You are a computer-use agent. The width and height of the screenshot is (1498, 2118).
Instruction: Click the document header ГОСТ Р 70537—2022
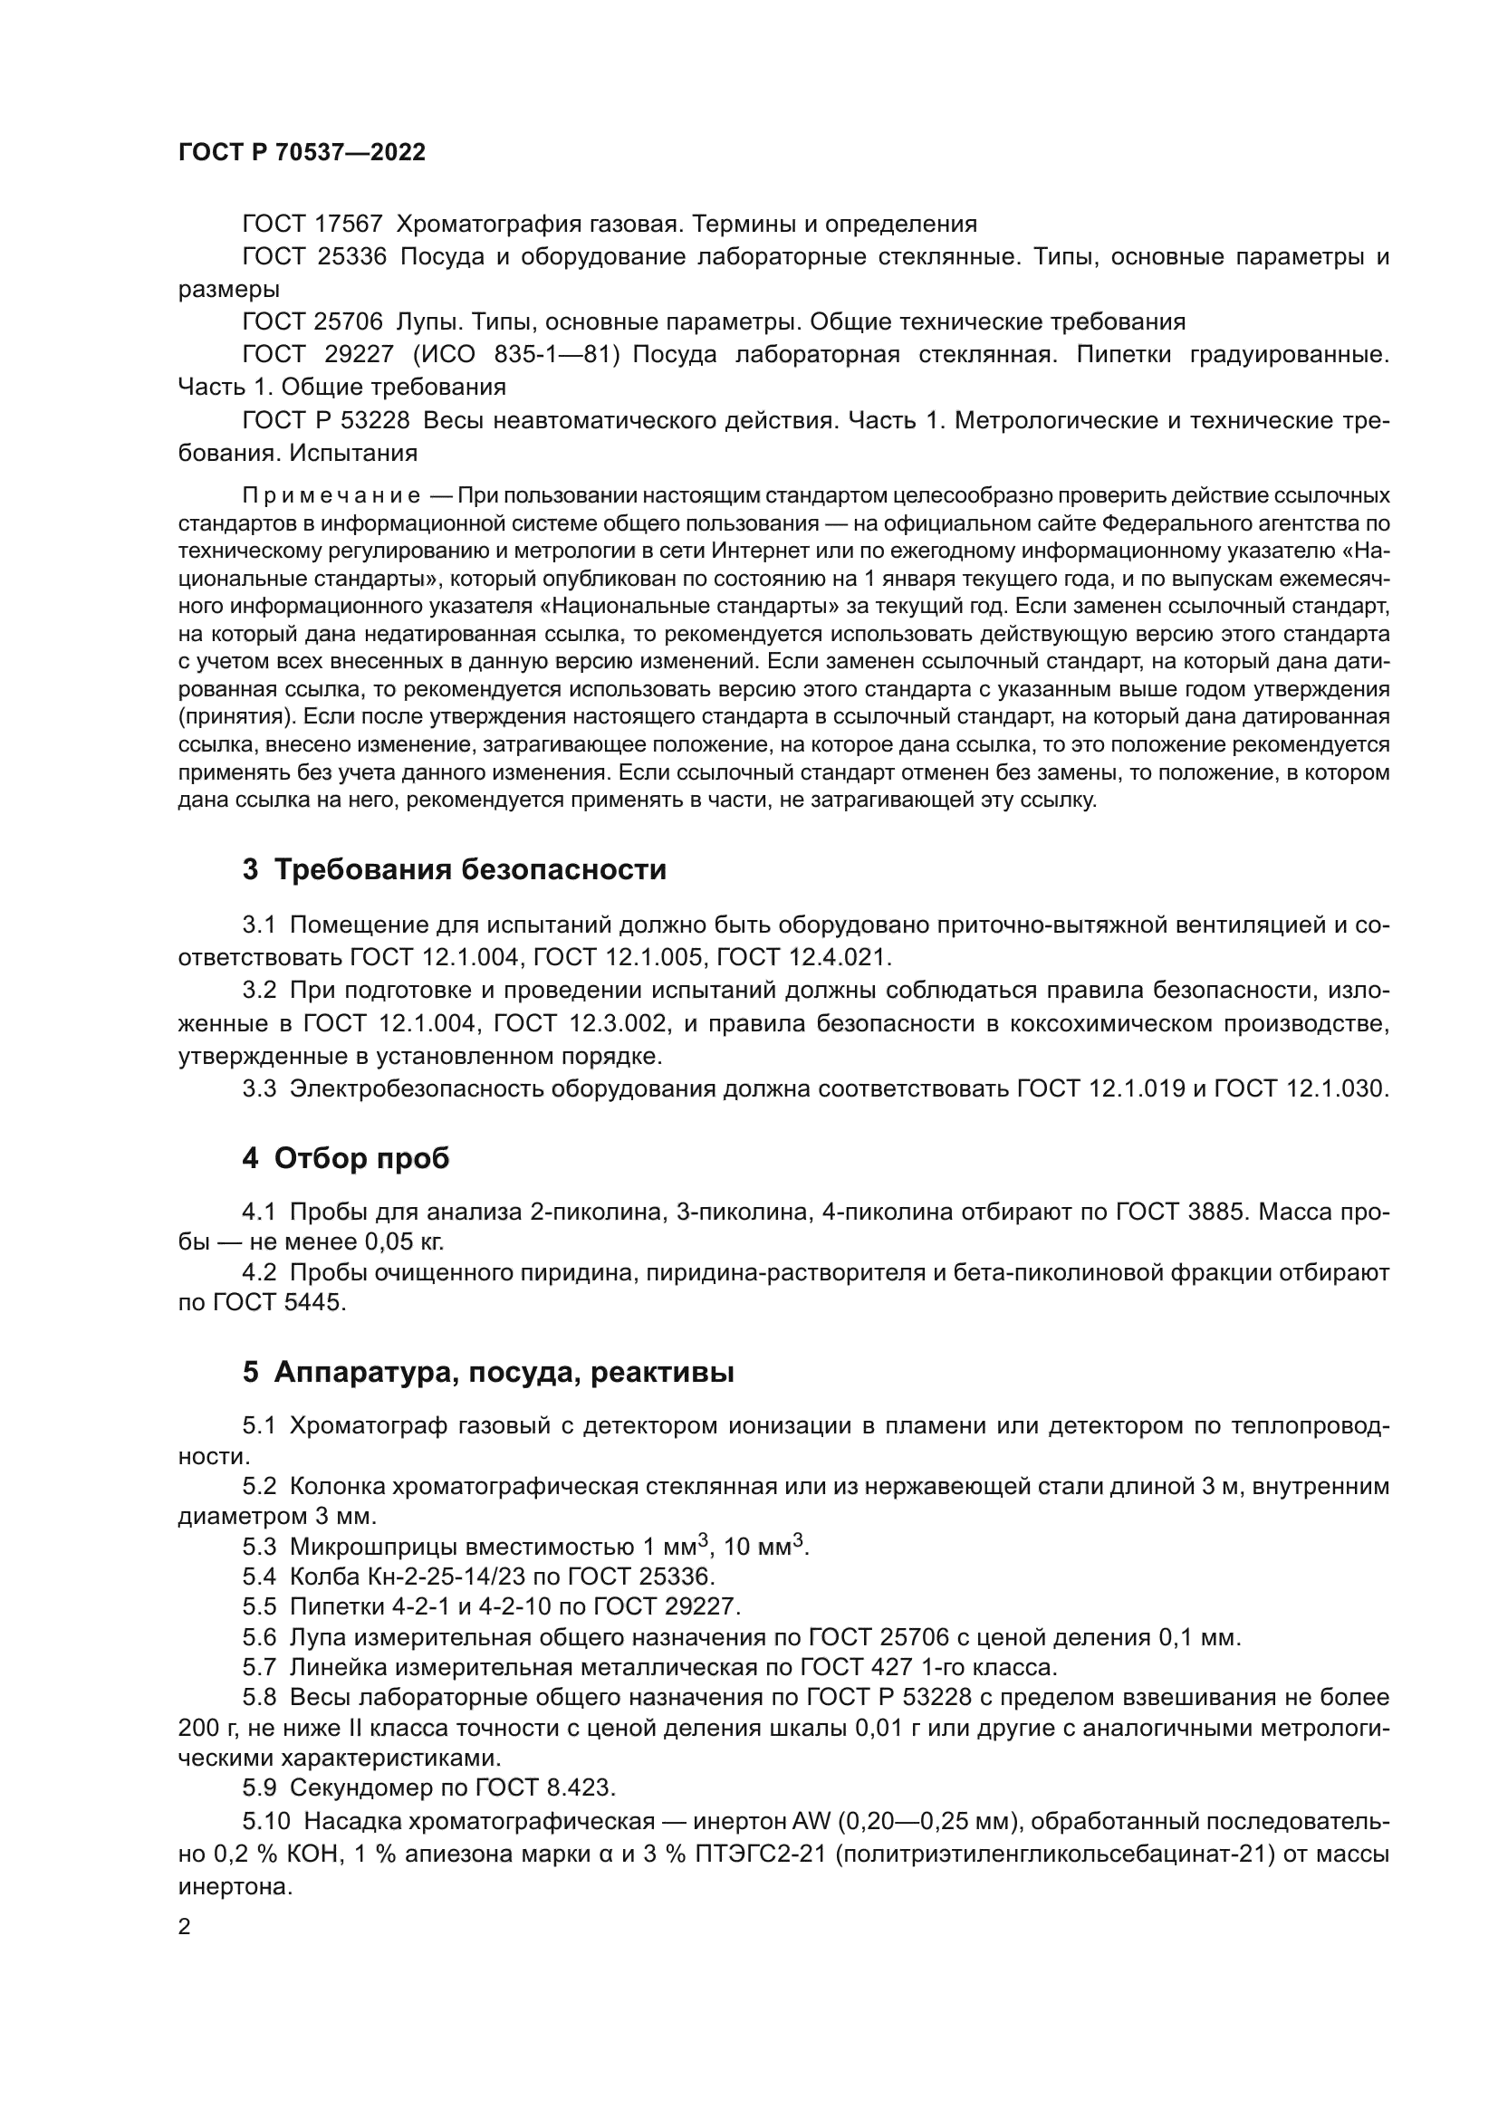(x=302, y=152)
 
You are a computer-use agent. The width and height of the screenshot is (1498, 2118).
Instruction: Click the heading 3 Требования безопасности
(x=454, y=869)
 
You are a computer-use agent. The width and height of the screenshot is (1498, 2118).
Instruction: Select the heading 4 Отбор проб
(x=346, y=1158)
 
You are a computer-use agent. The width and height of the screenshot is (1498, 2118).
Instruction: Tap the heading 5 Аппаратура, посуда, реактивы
(x=488, y=1372)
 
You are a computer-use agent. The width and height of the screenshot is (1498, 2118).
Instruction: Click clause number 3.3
(x=259, y=1088)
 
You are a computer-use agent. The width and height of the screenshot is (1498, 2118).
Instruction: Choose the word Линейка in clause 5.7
(x=336, y=1667)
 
